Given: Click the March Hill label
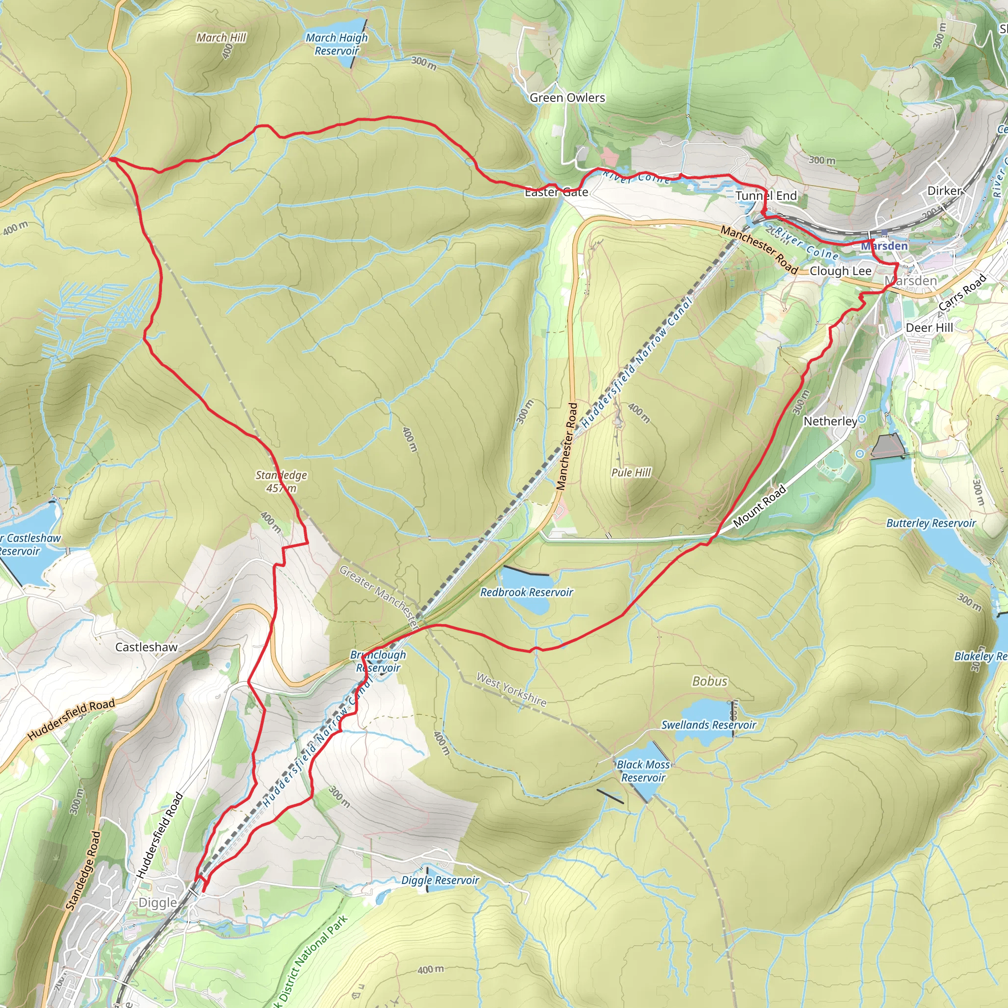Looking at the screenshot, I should [x=221, y=37].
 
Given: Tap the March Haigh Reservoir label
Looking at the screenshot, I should [x=337, y=44].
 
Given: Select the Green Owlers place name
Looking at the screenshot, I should [x=567, y=97].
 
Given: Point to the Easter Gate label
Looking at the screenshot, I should [x=556, y=192].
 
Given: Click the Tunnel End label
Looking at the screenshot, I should [x=766, y=196].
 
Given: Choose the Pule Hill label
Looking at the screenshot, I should [x=631, y=472].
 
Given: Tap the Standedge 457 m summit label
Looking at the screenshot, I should [x=281, y=481].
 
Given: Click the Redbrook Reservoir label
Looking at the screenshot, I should [x=527, y=592].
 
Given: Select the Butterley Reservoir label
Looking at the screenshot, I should [x=931, y=523].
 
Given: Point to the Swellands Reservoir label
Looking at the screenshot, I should [x=709, y=724].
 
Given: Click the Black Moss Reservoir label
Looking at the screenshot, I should [x=643, y=771].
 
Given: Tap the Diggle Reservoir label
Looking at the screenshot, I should [x=440, y=880].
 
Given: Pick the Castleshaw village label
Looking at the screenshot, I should [x=146, y=647].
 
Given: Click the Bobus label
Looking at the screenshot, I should [x=710, y=681].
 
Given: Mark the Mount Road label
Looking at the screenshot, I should [x=759, y=505].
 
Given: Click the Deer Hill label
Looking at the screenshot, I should [x=929, y=328].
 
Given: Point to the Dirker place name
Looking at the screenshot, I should [x=945, y=191].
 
